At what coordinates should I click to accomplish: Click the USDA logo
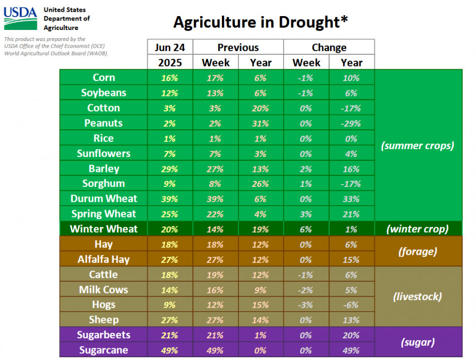(x=21, y=19)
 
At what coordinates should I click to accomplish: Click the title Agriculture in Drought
(x=260, y=22)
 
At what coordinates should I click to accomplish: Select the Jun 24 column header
(x=170, y=47)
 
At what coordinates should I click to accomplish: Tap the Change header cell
(x=329, y=47)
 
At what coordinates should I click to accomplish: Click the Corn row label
(x=104, y=78)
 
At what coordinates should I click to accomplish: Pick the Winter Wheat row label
(x=104, y=229)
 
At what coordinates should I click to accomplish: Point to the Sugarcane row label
(x=104, y=350)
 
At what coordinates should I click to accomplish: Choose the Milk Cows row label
(x=104, y=290)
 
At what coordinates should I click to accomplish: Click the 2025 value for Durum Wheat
(x=170, y=199)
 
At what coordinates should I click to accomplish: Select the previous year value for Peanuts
(x=261, y=123)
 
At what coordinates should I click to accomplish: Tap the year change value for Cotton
(x=352, y=108)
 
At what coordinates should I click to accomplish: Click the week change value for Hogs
(x=306, y=305)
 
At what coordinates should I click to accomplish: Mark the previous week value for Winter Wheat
(x=216, y=229)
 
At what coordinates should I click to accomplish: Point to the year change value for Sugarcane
(x=352, y=350)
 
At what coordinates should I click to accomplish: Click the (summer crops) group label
(x=418, y=146)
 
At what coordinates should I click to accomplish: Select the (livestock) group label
(x=418, y=297)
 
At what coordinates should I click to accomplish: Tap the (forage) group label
(x=418, y=251)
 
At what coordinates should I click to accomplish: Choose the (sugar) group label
(x=418, y=342)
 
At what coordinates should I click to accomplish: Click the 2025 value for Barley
(x=170, y=169)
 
